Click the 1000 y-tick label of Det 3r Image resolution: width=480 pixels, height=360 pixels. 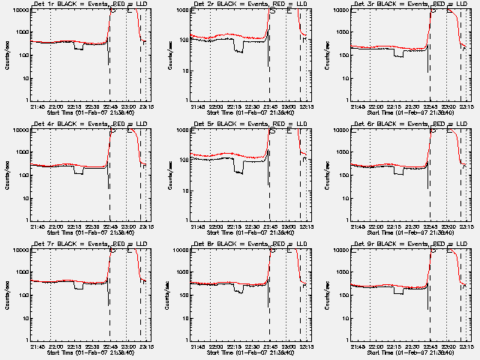pyautogui.click(x=343, y=33)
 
